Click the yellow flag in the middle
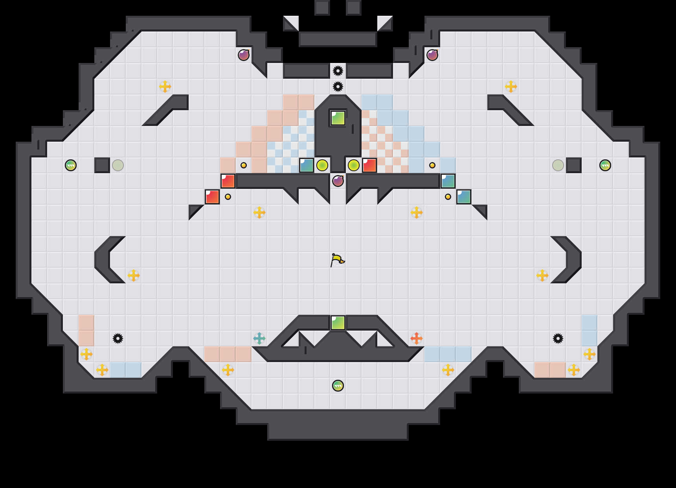[337, 260]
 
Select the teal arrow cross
[259, 338]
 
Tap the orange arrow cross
[417, 338]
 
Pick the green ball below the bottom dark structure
[338, 386]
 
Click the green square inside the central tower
[338, 118]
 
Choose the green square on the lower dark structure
[338, 323]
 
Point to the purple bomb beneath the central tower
[338, 181]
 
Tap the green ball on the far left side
[71, 165]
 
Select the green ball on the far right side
[605, 165]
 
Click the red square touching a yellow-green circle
[369, 165]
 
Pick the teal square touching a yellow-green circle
[307, 165]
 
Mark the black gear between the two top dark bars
[338, 71]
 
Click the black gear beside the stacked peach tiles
[118, 338]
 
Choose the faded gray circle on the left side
[118, 165]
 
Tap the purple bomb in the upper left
[244, 55]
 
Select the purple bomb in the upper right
[432, 55]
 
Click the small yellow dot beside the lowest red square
[228, 197]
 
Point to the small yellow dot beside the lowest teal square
[448, 197]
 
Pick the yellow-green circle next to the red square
[354, 165]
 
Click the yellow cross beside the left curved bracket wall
[134, 275]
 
